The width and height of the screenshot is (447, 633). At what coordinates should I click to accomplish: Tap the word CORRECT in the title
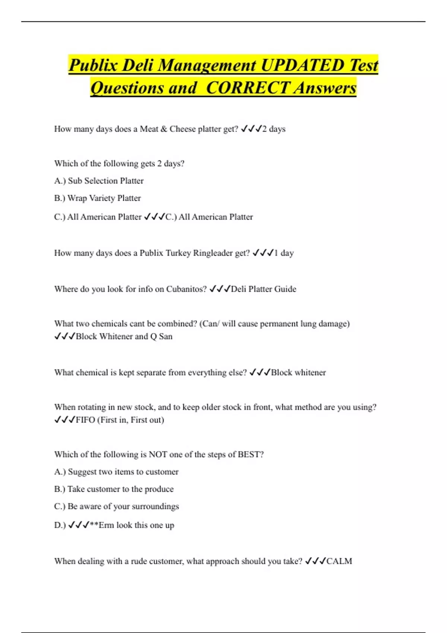click(x=247, y=88)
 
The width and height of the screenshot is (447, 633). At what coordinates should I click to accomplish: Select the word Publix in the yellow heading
click(x=93, y=65)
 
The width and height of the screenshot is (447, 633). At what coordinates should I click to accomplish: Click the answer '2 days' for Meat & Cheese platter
click(x=274, y=129)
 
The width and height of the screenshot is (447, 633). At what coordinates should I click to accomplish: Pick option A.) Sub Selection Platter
click(x=99, y=181)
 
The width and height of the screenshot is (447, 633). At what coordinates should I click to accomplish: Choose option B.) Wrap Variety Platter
click(x=97, y=198)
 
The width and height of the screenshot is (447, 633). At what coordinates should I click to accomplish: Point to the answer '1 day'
click(x=284, y=253)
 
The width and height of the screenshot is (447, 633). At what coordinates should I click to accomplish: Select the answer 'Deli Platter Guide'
click(x=263, y=289)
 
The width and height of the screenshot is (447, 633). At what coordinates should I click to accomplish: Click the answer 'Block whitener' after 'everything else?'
click(x=298, y=372)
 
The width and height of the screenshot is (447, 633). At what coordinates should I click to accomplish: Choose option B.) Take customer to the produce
click(x=114, y=489)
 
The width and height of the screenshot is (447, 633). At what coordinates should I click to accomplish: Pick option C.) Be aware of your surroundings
click(x=116, y=506)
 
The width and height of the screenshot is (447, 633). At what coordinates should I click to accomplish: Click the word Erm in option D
click(x=106, y=525)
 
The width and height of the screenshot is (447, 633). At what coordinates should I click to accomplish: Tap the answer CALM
click(x=339, y=561)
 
